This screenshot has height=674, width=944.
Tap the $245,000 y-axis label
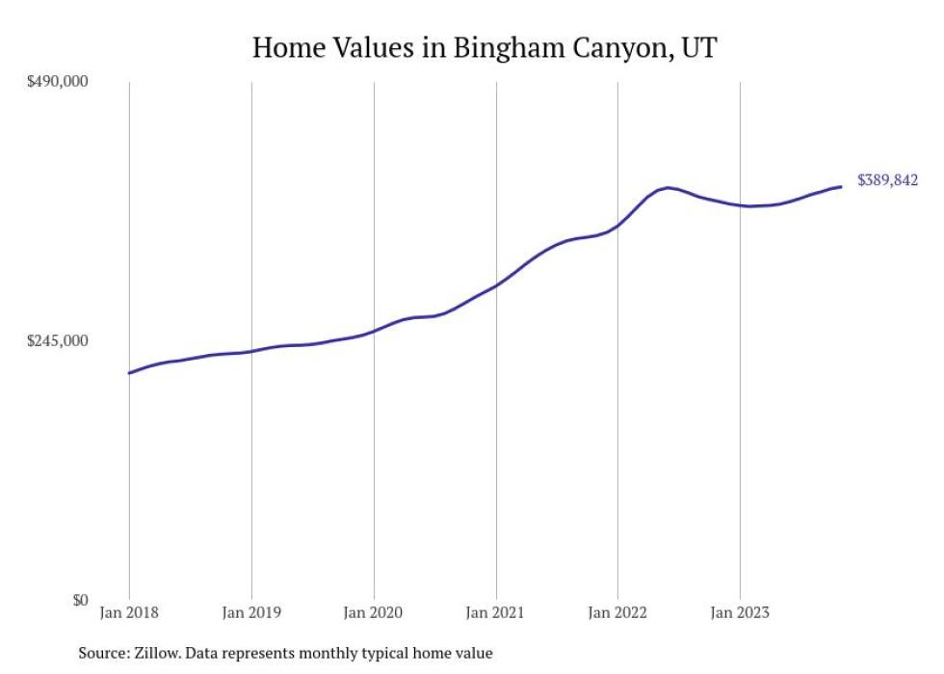[x=57, y=341]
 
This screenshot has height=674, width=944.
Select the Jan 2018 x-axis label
[x=129, y=611]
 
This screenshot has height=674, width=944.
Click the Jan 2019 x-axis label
[x=251, y=611]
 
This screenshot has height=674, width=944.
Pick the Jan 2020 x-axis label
[x=374, y=611]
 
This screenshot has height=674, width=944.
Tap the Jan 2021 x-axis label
[x=496, y=611]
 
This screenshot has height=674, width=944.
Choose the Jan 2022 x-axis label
[x=617, y=611]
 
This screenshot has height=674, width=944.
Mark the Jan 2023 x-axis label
[x=740, y=611]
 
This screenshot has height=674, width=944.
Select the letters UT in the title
[x=698, y=47]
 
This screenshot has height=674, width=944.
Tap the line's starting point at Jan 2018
[x=129, y=373]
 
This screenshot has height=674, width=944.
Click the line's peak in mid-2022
[x=669, y=187]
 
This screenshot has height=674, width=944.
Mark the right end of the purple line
[x=842, y=186]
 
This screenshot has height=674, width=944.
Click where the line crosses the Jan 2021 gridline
[x=496, y=285]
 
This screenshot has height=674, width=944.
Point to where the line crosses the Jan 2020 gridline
[x=374, y=331]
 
